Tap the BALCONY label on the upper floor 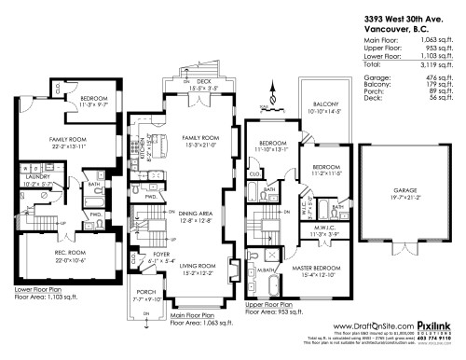[x=323, y=104]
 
